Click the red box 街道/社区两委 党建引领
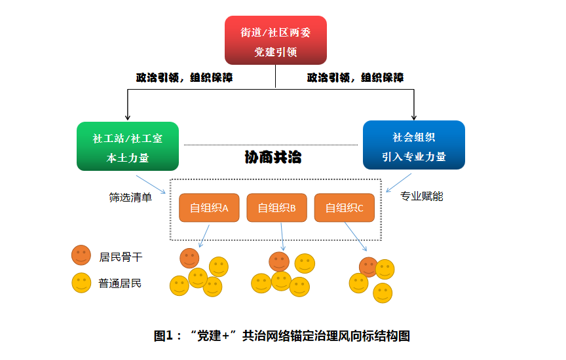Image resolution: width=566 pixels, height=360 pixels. [x=275, y=41]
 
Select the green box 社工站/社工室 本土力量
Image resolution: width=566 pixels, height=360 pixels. [x=127, y=147]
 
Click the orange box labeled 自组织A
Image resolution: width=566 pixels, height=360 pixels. [x=209, y=207]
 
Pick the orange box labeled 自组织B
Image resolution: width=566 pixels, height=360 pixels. [x=276, y=207]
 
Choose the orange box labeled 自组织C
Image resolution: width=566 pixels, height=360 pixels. [x=344, y=207]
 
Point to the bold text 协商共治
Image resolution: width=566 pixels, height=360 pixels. [x=273, y=158]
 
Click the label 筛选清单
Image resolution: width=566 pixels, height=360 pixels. [x=130, y=197]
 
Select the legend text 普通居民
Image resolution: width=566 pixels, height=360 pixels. [x=120, y=283]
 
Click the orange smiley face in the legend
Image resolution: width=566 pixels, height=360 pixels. [x=81, y=255]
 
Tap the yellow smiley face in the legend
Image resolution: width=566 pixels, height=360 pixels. [x=81, y=283]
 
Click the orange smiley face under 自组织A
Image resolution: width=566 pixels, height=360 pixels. [x=189, y=258]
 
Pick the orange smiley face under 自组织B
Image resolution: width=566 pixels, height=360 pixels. [x=279, y=262]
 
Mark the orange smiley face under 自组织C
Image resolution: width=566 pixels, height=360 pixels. [x=368, y=266]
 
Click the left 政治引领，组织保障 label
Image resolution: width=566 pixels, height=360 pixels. [x=184, y=77]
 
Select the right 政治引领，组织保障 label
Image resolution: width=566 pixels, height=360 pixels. [x=355, y=77]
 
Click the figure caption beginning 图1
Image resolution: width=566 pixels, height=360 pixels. [x=282, y=336]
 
